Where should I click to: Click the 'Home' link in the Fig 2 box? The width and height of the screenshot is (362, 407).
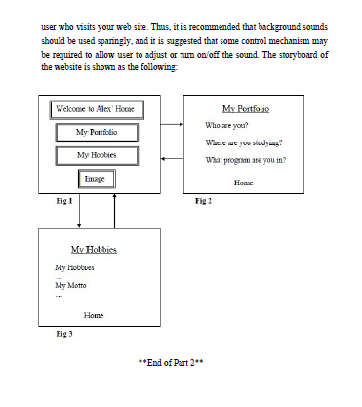click(244, 183)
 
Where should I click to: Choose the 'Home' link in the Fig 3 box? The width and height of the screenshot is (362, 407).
click(94, 315)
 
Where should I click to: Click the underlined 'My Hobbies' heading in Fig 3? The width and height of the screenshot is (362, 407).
click(94, 250)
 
